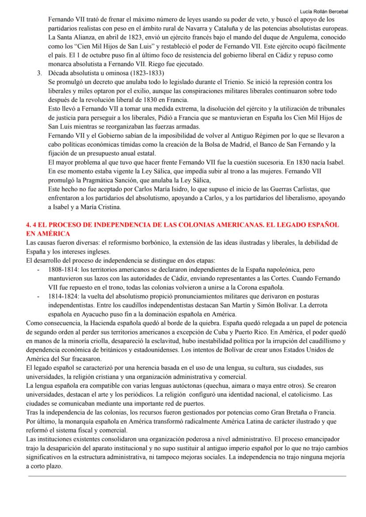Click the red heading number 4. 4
point(32,225)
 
